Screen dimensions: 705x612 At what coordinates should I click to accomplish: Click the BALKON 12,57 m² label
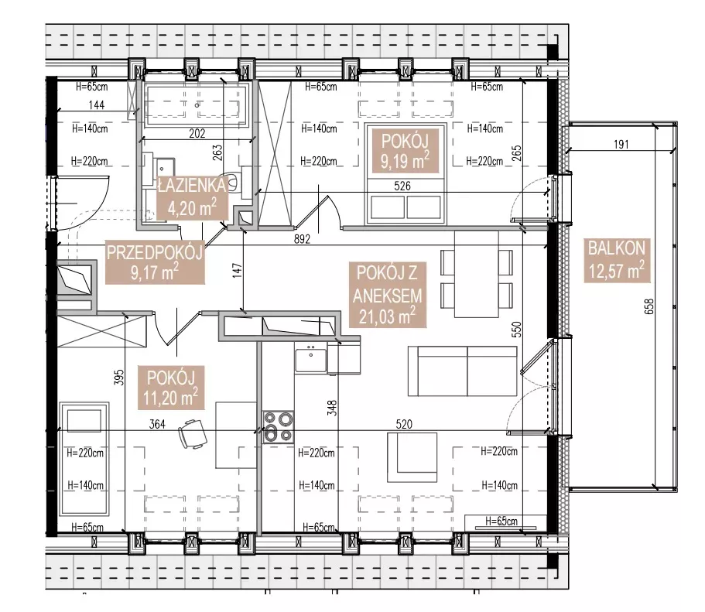point(617,261)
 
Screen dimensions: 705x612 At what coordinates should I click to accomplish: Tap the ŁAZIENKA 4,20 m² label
point(193,197)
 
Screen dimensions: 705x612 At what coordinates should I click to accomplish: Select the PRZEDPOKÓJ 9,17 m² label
point(155,262)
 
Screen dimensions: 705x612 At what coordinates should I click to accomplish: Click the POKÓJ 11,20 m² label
point(171,388)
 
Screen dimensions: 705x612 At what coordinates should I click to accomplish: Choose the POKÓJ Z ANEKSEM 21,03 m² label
point(388,295)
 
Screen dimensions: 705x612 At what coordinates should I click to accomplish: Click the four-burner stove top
point(279,427)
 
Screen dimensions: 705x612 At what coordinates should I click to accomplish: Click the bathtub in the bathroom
point(196,105)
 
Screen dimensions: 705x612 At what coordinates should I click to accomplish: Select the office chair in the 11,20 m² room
point(193,434)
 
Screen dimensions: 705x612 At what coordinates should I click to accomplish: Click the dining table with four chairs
point(476,275)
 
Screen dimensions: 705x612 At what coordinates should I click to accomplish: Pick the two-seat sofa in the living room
point(463,371)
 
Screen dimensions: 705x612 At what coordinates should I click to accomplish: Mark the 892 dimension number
point(302,239)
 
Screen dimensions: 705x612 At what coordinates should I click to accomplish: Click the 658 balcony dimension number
point(649,306)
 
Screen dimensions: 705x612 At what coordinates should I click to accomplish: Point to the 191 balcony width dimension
point(621,145)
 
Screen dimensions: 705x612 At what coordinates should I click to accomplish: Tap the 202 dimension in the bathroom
point(197,133)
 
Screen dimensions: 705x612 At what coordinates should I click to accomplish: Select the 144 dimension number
point(97,104)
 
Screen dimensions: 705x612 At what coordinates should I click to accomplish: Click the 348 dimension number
point(332,408)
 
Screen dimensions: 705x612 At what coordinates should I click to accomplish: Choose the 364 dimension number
point(157,423)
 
